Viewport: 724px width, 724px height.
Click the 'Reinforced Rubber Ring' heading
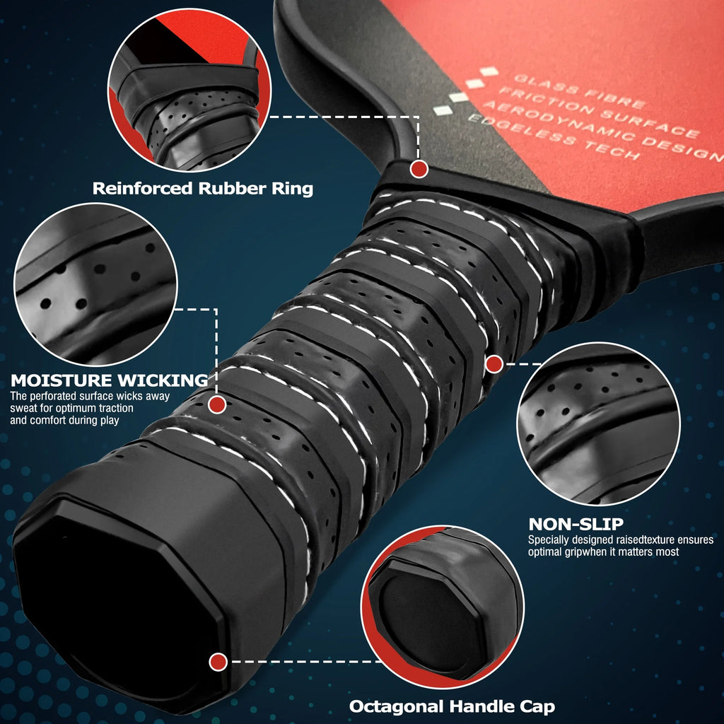[203, 188]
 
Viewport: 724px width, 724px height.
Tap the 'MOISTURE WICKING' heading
[110, 380]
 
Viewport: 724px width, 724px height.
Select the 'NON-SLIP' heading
[576, 524]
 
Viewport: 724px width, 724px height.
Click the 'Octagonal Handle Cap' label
[452, 706]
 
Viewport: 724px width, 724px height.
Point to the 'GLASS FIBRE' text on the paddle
[580, 90]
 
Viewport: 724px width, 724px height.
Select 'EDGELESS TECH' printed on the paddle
[554, 137]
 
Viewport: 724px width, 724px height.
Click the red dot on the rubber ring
[419, 170]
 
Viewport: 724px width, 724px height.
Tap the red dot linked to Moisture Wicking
[217, 404]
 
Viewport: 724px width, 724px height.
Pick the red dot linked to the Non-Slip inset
[494, 364]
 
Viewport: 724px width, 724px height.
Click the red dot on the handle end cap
[218, 662]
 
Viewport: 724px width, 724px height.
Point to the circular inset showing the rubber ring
[189, 90]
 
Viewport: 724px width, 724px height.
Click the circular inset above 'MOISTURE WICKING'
[95, 284]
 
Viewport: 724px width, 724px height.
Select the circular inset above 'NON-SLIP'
[598, 424]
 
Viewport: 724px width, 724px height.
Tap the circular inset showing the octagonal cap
[443, 607]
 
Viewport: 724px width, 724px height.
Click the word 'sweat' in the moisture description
[22, 409]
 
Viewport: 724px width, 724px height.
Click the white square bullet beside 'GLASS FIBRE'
[489, 71]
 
